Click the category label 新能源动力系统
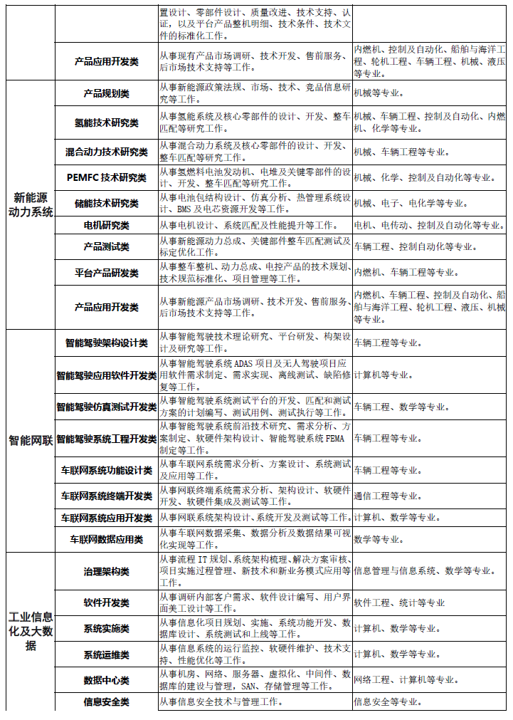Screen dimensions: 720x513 (31, 204)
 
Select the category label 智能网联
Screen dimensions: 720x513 (31, 440)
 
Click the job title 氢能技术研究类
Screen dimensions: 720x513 (106, 122)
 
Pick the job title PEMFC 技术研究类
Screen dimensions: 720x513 (106, 177)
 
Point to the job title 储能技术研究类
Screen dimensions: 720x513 (106, 204)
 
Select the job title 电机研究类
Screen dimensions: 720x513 (106, 226)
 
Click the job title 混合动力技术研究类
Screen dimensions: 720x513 (106, 152)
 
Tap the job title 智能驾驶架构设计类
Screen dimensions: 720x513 (106, 343)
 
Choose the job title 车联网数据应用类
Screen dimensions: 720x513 (106, 540)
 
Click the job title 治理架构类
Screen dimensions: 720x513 (106, 571)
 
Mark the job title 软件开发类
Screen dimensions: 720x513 (106, 602)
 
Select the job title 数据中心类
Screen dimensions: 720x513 (106, 680)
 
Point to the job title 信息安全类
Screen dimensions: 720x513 (106, 702)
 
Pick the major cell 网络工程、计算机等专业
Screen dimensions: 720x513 (406, 680)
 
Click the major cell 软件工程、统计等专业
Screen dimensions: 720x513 (399, 602)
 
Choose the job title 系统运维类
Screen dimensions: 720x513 (106, 654)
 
